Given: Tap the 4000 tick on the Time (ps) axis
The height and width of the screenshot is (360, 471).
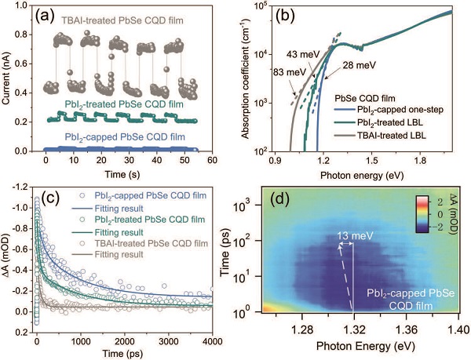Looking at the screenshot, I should pos(210,333).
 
